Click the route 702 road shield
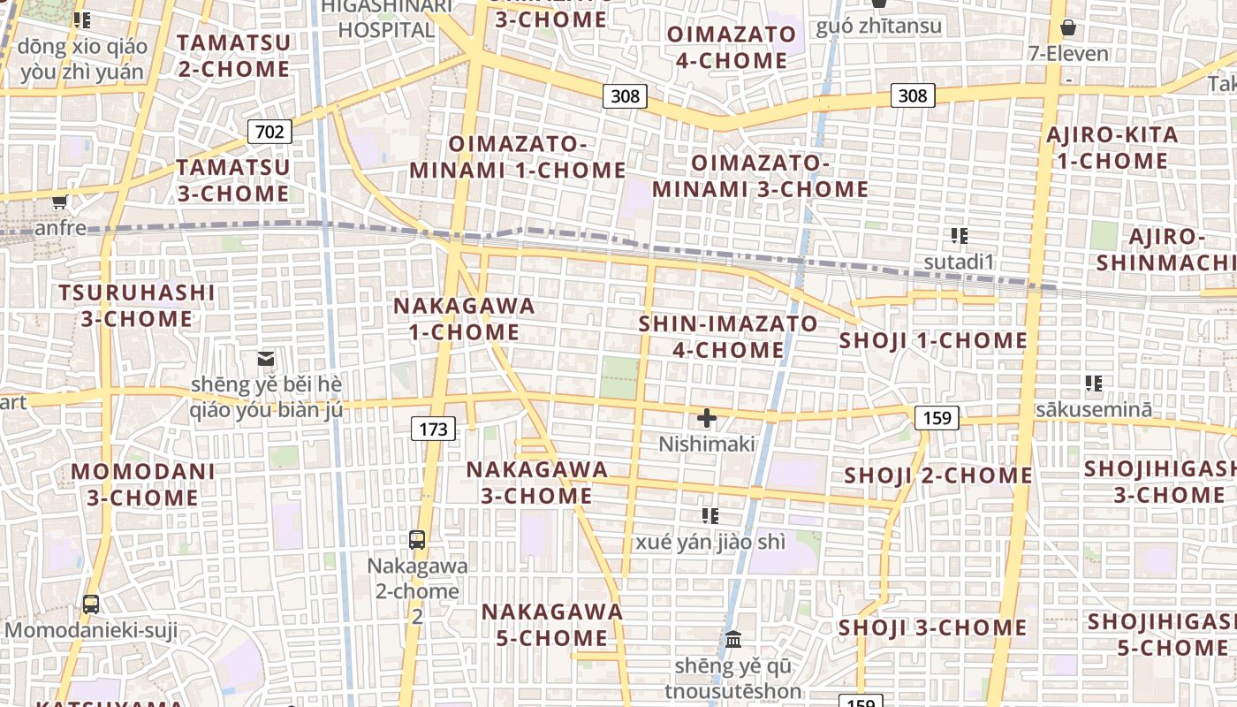(269, 133)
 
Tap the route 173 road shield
(433, 430)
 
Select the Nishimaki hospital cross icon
(707, 417)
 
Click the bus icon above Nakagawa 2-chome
(417, 539)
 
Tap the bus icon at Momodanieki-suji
(91, 604)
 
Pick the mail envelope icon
(265, 359)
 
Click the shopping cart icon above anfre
(60, 202)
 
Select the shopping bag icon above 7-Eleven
(1068, 27)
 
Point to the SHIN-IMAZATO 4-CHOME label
(728, 337)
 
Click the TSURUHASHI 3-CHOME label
(137, 306)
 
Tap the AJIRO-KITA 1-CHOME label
(1112, 148)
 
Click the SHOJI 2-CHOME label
(937, 475)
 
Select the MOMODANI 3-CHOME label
(142, 484)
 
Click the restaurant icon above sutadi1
(960, 236)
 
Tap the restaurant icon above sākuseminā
(1094, 384)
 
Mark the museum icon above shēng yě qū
(733, 639)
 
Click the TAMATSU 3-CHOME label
(233, 180)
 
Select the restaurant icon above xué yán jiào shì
(710, 515)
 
